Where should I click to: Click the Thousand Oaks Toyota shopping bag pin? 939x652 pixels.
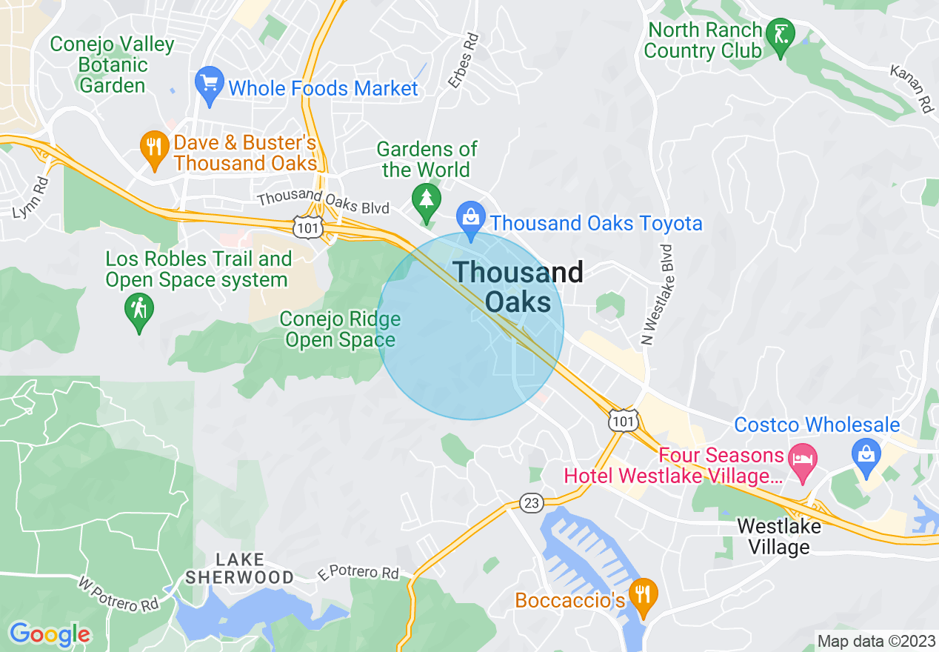tap(470, 219)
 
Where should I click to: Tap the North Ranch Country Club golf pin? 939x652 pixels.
tap(780, 36)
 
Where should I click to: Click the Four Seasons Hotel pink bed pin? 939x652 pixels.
tap(802, 456)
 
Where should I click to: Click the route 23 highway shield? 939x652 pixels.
tap(530, 503)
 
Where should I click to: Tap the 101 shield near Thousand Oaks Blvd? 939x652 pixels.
tap(307, 228)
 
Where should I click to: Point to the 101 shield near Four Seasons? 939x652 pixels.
tap(623, 420)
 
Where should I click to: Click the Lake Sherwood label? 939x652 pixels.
tap(239, 568)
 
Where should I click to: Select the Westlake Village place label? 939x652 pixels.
tap(778, 537)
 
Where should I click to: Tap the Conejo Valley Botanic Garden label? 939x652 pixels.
tap(112, 65)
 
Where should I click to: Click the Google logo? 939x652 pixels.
tap(50, 634)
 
